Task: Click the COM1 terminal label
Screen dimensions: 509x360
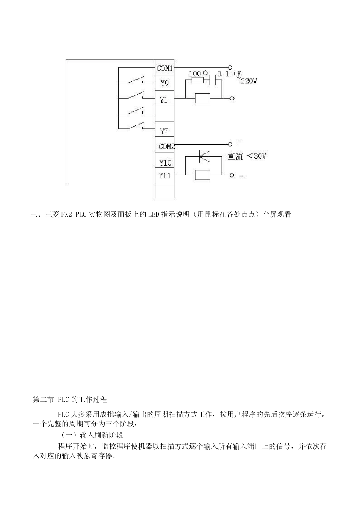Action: click(x=164, y=69)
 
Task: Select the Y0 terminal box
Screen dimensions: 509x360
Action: click(x=164, y=83)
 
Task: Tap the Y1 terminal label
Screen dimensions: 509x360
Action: click(x=164, y=100)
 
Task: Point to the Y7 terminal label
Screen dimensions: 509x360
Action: click(x=164, y=131)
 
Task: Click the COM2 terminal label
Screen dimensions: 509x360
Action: click(x=166, y=147)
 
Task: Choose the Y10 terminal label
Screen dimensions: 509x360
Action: click(x=165, y=163)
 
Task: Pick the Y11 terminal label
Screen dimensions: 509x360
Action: click(x=165, y=175)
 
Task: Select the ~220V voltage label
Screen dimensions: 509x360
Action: click(x=247, y=81)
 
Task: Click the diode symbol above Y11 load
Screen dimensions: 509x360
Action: click(x=205, y=155)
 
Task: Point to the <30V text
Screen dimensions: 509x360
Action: click(x=257, y=156)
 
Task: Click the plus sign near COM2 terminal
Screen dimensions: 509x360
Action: click(x=238, y=142)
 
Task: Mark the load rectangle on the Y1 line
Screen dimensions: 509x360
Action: click(x=202, y=98)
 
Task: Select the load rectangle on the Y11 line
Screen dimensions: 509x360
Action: click(x=202, y=175)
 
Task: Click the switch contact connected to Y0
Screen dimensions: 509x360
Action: click(x=136, y=80)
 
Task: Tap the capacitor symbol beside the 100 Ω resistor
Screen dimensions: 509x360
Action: click(x=218, y=80)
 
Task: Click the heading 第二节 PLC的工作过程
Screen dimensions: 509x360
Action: click(x=70, y=400)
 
